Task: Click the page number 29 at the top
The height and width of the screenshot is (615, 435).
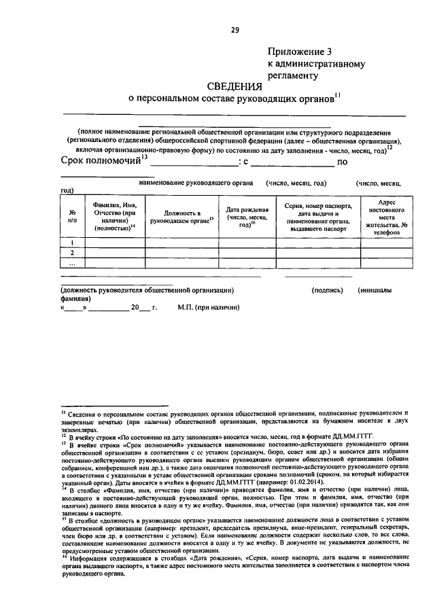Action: pos(235,30)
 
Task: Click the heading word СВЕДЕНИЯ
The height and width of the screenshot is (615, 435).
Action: pos(234,86)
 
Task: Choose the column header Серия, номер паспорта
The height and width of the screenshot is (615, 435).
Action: pos(317,216)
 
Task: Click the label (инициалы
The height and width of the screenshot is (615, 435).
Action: pos(375,290)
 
